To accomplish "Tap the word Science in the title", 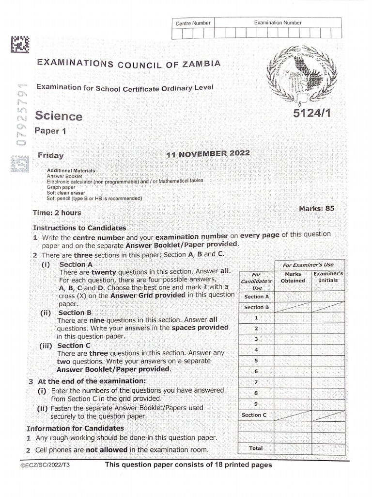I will pos(59,116).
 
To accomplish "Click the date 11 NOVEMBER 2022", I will pos(208,154).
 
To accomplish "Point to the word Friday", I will pos(51,155).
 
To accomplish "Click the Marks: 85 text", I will pos(316,208).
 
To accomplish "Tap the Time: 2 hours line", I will pos(57,213).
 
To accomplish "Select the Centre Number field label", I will pos(193,23).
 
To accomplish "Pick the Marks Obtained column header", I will pos(293,277).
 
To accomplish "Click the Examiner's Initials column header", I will pos(328,277).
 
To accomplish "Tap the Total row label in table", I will pos(256,448).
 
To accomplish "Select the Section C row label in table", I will pos(254,415).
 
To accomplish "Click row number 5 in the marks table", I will pos(256,361).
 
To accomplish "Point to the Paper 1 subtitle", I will pos(49,131).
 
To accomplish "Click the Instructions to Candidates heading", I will pos(79,228).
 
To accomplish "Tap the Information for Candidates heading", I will pos(75,429).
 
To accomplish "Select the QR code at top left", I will pos(19,45).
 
